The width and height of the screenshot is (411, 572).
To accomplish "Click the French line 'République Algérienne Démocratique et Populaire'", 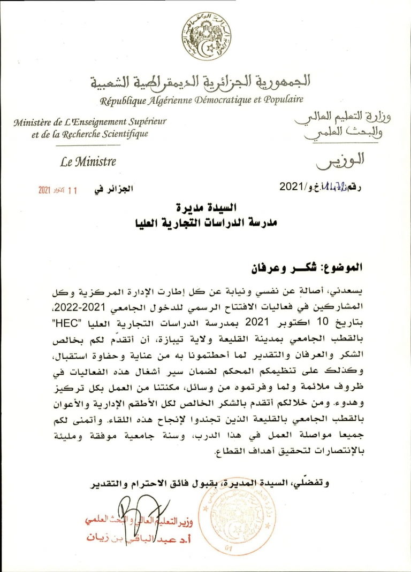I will coord(202,99).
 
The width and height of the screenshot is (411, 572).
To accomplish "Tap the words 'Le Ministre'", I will coord(88,161).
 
